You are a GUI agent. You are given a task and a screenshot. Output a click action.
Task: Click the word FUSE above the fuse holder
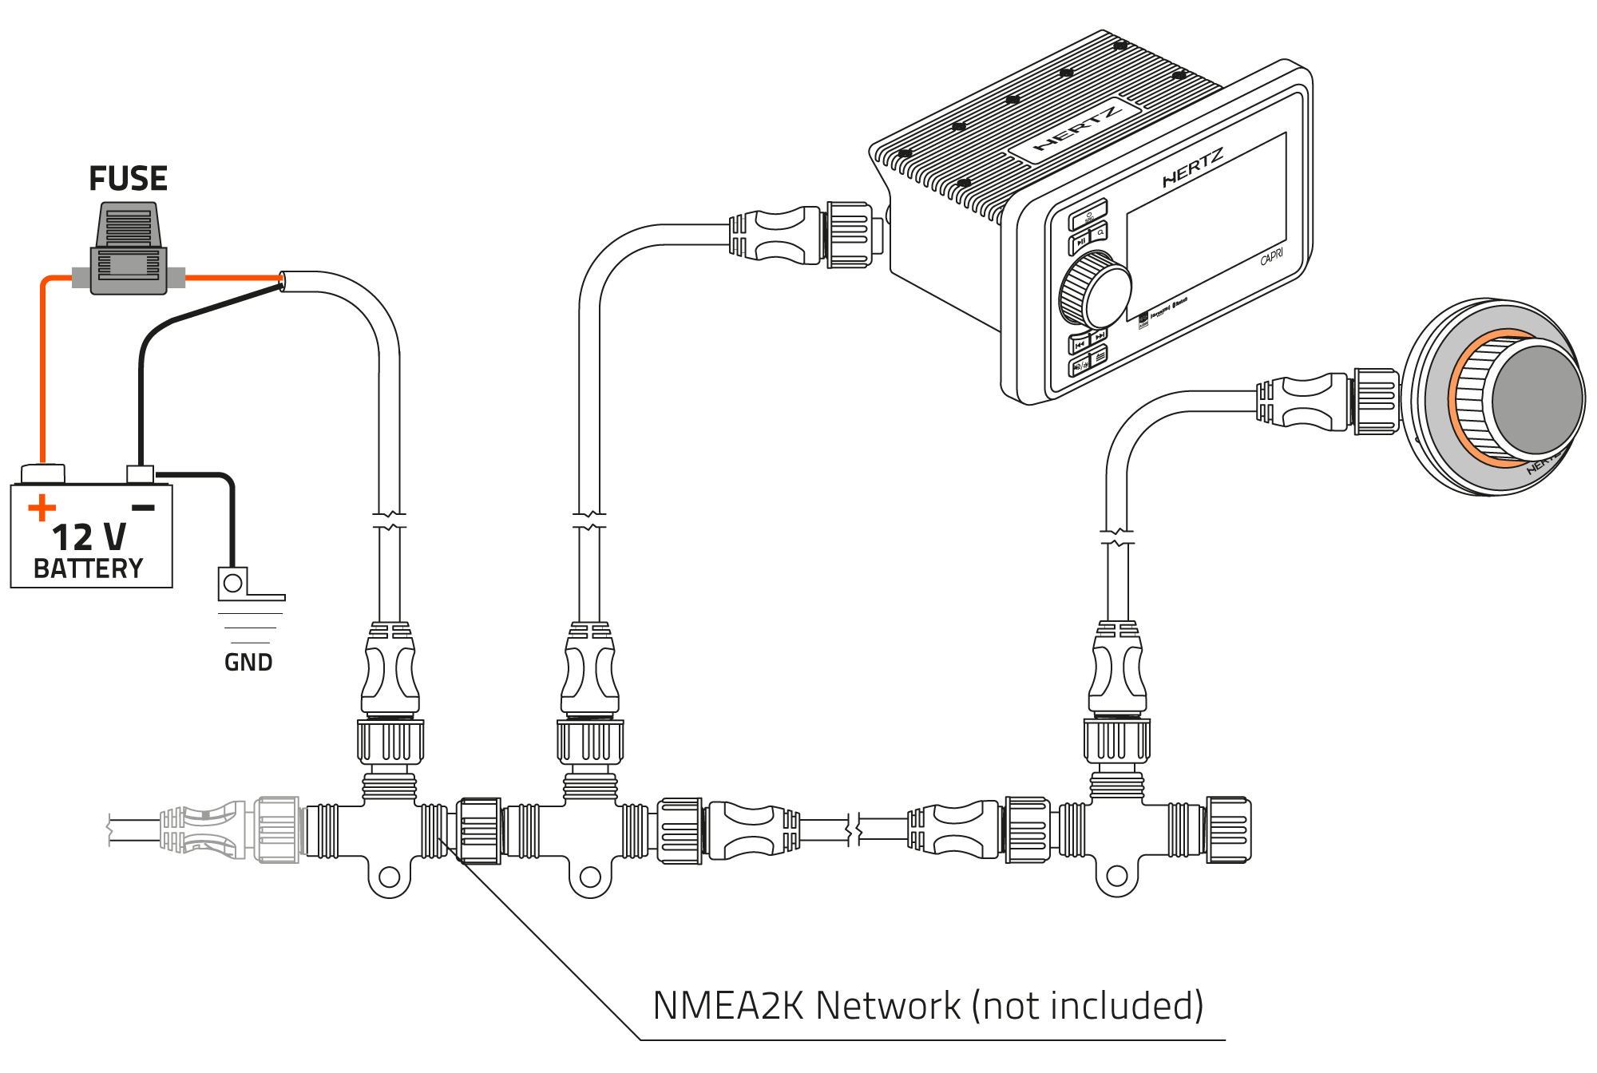click(x=128, y=179)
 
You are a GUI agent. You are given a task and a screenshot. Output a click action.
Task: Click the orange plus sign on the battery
click(x=42, y=508)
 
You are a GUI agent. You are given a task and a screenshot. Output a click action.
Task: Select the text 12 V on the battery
click(x=89, y=537)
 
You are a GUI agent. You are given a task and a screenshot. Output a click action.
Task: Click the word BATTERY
click(x=88, y=568)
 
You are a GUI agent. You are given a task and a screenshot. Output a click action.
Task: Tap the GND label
click(x=248, y=662)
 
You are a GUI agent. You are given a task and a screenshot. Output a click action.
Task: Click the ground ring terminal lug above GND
click(x=233, y=584)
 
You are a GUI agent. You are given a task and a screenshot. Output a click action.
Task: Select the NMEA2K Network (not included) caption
click(x=928, y=1006)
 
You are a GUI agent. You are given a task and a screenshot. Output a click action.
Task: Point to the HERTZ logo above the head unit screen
click(x=1192, y=168)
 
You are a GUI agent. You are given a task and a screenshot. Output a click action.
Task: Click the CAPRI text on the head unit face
click(x=1271, y=257)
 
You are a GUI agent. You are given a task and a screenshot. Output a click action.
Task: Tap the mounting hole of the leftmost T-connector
click(x=389, y=877)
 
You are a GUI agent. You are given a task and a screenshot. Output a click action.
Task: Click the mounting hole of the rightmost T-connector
click(x=1117, y=877)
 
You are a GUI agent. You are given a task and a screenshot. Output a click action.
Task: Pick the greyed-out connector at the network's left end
click(x=232, y=829)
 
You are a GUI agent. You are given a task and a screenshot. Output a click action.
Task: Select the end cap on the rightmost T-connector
click(x=1228, y=829)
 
